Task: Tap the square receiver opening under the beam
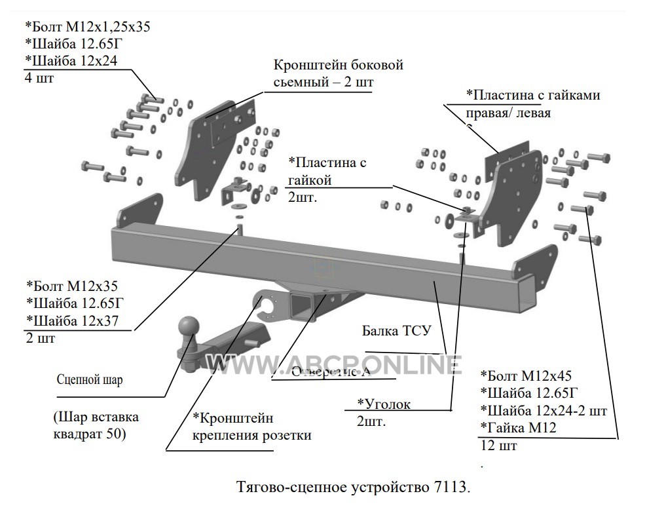303,305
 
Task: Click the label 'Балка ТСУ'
396,330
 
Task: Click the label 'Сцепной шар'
90,379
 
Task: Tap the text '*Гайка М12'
519,429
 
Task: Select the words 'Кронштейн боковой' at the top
338,66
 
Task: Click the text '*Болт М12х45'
526,376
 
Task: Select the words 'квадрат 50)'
89,434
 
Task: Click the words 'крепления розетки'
252,435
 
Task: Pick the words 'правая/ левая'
508,112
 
